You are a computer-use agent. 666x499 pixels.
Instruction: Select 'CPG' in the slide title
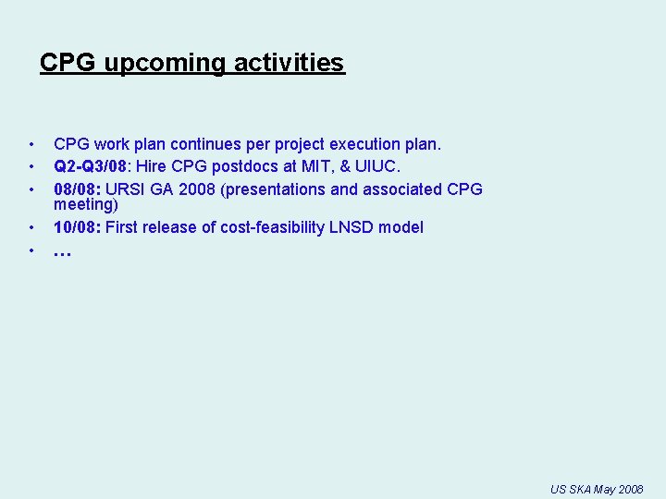point(69,63)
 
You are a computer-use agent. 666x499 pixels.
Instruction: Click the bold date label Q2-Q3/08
point(90,166)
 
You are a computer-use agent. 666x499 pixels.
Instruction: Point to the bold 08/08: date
point(78,189)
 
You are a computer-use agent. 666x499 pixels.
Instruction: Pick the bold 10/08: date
point(78,227)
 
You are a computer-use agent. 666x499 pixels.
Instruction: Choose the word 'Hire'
point(153,166)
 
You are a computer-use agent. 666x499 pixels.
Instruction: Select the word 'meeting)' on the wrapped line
point(86,204)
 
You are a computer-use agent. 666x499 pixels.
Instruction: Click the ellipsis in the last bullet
point(62,251)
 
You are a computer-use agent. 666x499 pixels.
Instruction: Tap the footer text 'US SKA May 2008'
point(597,489)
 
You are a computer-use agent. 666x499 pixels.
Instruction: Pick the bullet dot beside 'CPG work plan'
point(31,144)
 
